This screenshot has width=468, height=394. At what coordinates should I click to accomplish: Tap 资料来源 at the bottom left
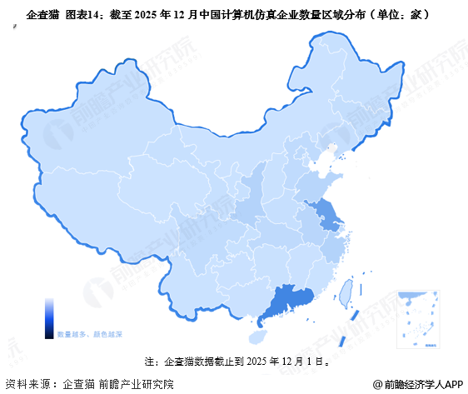click(x=24, y=384)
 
